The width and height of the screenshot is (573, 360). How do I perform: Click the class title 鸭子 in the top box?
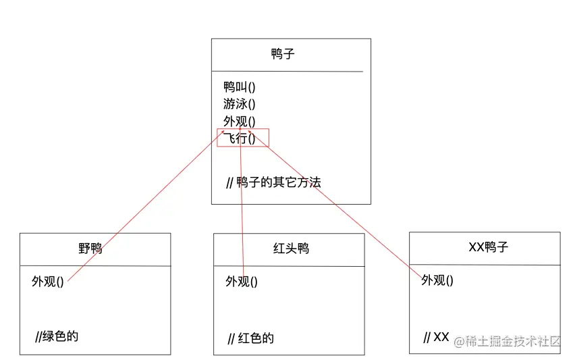[283, 54]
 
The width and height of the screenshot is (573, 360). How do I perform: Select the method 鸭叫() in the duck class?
[240, 86]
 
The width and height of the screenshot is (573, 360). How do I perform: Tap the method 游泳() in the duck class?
[240, 104]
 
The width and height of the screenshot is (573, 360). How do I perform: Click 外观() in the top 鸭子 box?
[240, 122]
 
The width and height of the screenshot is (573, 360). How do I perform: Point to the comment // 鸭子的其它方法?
[273, 182]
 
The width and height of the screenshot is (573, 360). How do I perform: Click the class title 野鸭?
[90, 249]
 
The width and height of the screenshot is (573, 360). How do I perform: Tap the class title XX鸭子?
[488, 247]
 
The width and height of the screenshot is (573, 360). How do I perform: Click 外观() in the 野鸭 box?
[47, 282]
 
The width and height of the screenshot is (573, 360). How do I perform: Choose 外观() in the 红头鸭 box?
[241, 282]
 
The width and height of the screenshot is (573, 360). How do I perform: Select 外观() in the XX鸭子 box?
[437, 280]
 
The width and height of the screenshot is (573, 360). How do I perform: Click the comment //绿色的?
[57, 336]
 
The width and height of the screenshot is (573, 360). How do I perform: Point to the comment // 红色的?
[251, 338]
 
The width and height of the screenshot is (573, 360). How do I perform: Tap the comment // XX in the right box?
[436, 337]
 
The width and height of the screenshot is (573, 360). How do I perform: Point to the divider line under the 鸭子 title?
[287, 71]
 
